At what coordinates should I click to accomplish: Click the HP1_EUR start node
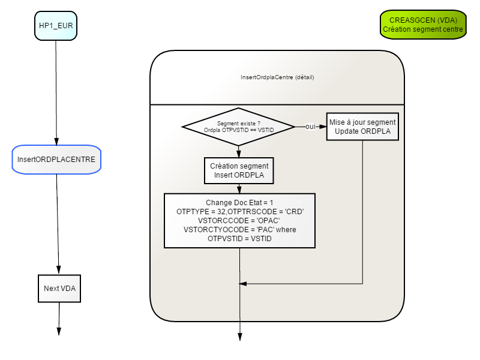coord(56,26)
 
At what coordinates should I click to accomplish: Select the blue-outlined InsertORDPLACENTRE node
coord(56,160)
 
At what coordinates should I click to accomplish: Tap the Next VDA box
coord(59,289)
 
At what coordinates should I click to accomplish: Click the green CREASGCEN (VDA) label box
coord(423,25)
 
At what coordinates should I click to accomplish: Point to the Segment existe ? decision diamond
coord(238,127)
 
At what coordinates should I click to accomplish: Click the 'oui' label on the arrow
coord(310,127)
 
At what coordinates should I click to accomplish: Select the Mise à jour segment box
coord(362,127)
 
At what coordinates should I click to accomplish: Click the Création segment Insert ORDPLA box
coord(239,170)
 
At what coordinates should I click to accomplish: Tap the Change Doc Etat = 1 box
coord(239,220)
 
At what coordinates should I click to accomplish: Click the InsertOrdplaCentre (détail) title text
coord(277,77)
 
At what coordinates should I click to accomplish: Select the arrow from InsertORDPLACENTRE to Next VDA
coord(58,224)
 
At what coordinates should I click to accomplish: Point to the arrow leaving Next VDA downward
coord(59,319)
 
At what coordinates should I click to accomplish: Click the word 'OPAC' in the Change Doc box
coord(269,220)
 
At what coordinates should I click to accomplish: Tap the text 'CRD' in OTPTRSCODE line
coord(295,212)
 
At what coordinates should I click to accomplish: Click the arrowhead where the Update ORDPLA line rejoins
coord(243,284)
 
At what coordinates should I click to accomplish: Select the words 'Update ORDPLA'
coord(363,131)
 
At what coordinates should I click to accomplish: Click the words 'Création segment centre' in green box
coord(423,29)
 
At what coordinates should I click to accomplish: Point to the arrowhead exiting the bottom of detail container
coord(240,337)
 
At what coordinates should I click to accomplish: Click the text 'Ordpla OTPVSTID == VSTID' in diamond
coord(239,130)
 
